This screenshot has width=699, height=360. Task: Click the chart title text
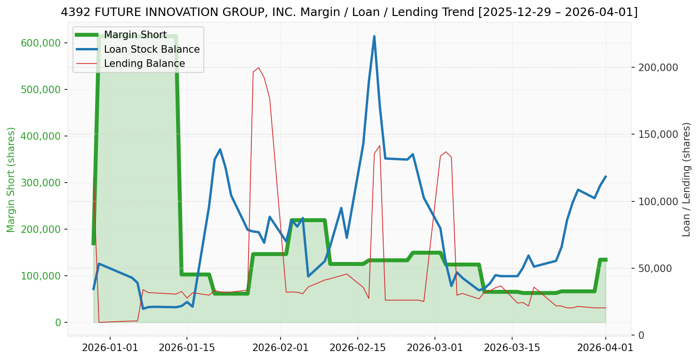tap(349, 12)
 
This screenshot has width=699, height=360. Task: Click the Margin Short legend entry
tap(135, 35)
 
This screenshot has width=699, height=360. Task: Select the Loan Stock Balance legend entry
tap(152, 49)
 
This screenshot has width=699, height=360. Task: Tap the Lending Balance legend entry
tap(144, 64)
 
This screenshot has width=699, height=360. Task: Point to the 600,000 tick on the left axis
tap(41, 43)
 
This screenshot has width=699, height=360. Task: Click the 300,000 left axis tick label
tap(41, 183)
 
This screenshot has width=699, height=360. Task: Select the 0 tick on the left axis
tap(58, 323)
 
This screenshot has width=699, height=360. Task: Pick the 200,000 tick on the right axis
tap(658, 68)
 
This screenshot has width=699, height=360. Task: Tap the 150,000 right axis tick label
tap(658, 135)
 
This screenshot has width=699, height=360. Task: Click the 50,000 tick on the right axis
tap(656, 269)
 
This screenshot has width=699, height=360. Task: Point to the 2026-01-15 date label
tap(187, 348)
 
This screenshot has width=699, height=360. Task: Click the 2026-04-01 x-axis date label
tap(605, 348)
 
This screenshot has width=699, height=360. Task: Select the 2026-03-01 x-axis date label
tap(434, 348)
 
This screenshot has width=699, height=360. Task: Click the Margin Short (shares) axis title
tap(11, 180)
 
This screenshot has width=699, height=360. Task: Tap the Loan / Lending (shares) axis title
tap(687, 180)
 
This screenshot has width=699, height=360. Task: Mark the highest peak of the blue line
tap(374, 36)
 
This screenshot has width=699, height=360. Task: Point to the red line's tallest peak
tap(258, 68)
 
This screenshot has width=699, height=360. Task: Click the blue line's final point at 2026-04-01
tap(605, 176)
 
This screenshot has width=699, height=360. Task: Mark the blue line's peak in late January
tap(220, 150)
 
